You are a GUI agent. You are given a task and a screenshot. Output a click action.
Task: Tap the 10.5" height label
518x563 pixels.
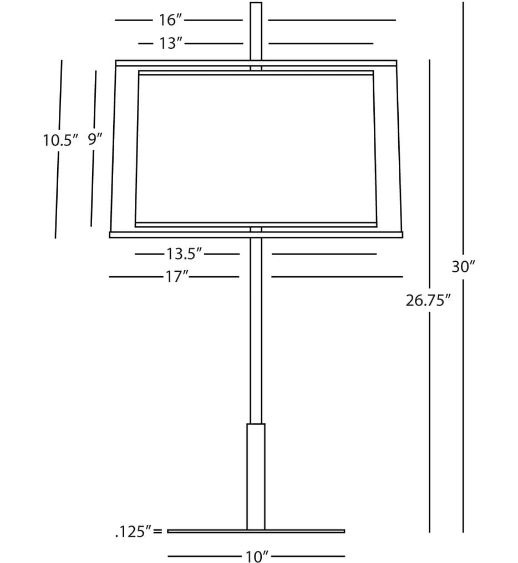click(x=60, y=140)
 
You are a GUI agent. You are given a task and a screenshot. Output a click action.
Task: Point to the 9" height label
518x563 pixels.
click(x=95, y=139)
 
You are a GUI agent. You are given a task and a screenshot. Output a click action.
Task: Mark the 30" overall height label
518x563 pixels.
click(x=463, y=267)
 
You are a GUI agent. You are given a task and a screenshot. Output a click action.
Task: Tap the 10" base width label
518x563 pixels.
click(x=257, y=556)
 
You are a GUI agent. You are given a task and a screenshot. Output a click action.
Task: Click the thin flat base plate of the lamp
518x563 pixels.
click(x=256, y=531)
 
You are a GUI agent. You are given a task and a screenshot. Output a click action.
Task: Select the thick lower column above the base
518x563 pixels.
click(x=256, y=476)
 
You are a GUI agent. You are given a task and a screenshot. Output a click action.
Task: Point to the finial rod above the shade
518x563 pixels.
click(x=256, y=31)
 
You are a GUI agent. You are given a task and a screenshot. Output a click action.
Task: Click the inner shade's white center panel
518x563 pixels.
click(x=256, y=149)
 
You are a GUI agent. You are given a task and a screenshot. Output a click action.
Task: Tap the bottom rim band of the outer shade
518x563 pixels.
click(x=256, y=235)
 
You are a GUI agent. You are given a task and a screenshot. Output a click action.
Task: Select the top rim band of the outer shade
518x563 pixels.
click(x=256, y=63)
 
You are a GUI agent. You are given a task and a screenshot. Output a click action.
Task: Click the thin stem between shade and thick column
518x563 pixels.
click(x=256, y=331)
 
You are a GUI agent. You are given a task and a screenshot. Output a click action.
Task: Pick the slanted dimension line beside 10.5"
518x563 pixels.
click(x=58, y=149)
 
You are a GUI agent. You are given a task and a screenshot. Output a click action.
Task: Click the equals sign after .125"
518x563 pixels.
click(x=158, y=531)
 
